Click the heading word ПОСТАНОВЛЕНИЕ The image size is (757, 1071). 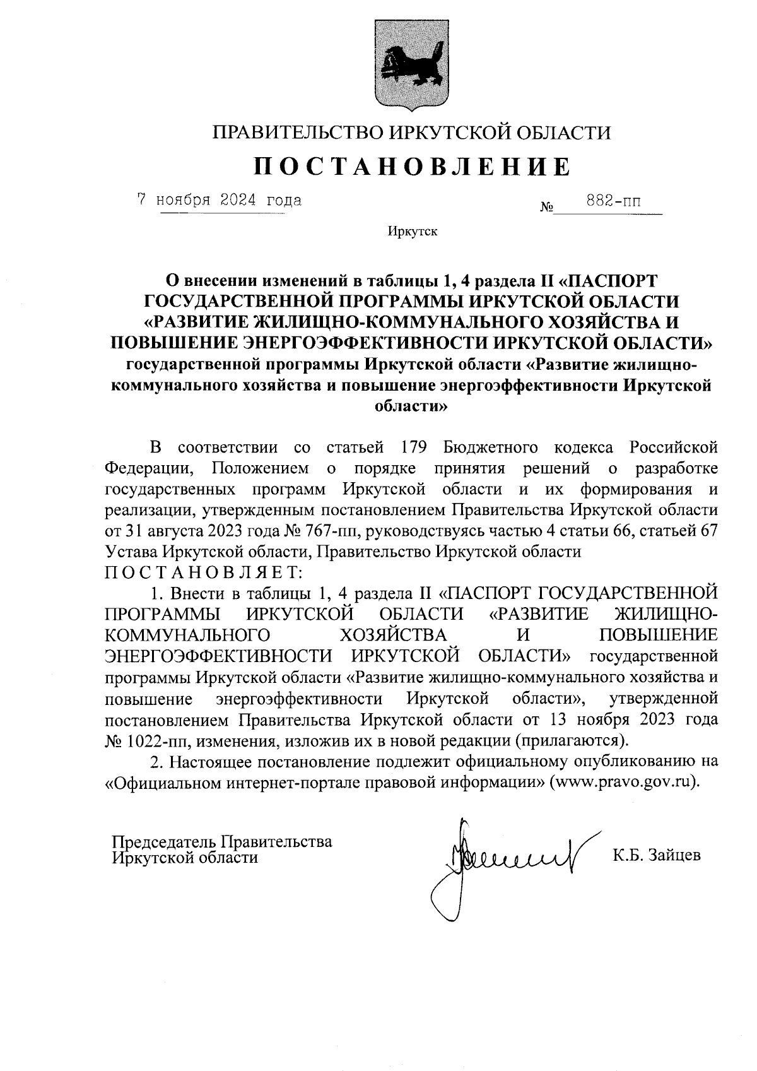(412, 166)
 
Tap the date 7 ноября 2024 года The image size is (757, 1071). (220, 201)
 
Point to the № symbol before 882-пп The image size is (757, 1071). (546, 207)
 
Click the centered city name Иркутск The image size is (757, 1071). (413, 232)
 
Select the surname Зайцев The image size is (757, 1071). (674, 856)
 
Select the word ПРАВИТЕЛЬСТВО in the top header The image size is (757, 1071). (296, 133)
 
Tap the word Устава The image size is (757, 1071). (131, 552)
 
